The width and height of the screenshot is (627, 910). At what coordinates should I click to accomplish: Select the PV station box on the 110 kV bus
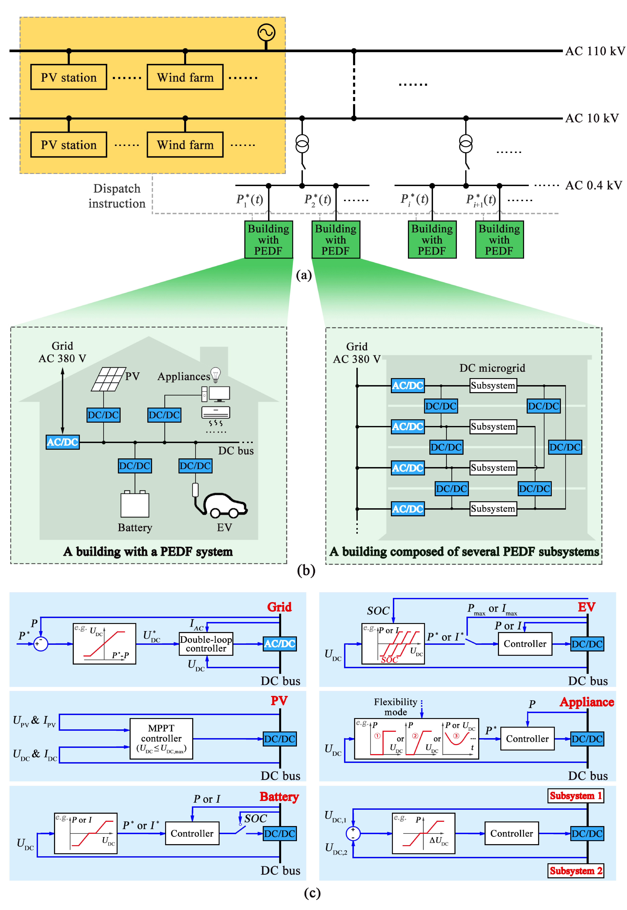coord(69,77)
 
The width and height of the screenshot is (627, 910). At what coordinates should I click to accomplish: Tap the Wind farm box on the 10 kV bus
coord(185,145)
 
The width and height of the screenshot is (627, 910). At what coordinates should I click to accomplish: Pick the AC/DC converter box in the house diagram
coord(62,442)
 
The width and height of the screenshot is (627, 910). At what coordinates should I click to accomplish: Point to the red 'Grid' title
coord(279,607)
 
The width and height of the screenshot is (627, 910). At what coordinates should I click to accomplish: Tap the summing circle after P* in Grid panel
coord(40,644)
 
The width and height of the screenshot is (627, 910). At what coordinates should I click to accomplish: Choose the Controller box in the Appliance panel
coord(527,739)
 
